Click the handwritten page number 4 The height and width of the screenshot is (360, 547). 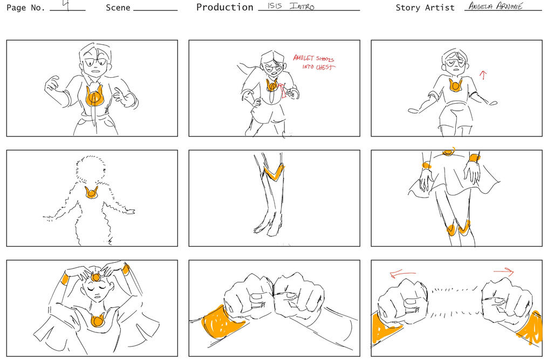click(x=66, y=5)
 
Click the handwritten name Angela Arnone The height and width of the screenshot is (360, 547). click(x=495, y=6)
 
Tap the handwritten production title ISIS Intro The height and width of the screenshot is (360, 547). click(x=291, y=6)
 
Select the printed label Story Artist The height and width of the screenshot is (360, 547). click(x=425, y=8)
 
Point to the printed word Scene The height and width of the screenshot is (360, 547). click(x=118, y=8)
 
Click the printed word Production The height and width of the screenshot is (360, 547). click(x=224, y=8)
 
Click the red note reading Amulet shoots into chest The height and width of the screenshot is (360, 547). click(x=314, y=63)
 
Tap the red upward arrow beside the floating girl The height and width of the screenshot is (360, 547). click(x=483, y=75)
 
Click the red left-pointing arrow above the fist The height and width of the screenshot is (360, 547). click(x=403, y=274)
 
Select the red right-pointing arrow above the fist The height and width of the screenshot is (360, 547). click(x=504, y=271)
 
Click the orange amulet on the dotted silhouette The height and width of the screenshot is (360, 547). click(x=91, y=192)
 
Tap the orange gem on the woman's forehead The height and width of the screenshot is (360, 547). click(x=96, y=277)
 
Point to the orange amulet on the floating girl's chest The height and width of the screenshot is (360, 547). click(x=455, y=85)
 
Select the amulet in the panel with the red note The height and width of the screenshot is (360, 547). click(x=272, y=85)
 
